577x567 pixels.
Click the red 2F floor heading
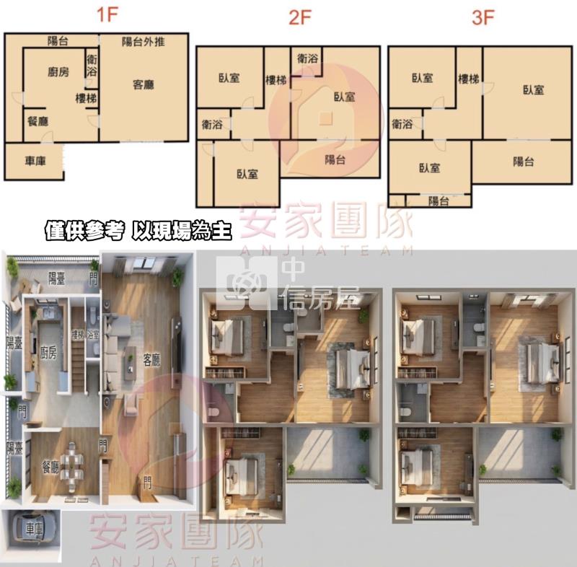(299, 19)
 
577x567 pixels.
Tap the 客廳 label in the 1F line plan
(144, 84)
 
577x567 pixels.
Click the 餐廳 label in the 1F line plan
(38, 121)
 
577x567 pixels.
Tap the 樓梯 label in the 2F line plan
(277, 80)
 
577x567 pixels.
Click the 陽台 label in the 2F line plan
(335, 160)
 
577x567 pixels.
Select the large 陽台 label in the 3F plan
(524, 162)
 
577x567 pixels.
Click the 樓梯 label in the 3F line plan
(469, 78)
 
